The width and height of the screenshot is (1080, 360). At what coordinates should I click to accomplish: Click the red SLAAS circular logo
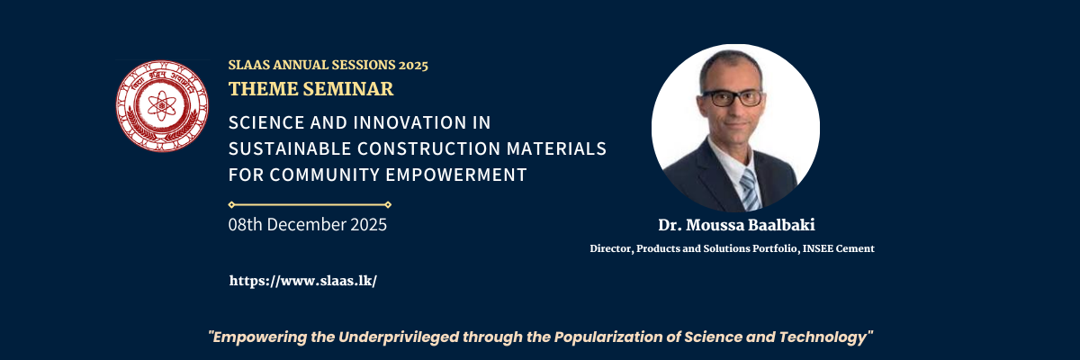pyautogui.click(x=162, y=106)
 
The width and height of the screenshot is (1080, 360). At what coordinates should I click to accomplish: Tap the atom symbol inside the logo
pyautogui.click(x=162, y=105)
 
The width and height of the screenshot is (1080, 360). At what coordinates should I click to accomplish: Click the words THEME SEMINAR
pyautogui.click(x=311, y=89)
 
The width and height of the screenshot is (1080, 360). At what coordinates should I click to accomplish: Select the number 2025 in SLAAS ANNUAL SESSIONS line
pyautogui.click(x=413, y=65)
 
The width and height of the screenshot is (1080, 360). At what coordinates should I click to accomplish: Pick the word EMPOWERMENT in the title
pyautogui.click(x=456, y=175)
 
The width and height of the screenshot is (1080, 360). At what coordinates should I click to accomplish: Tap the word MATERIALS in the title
pyautogui.click(x=556, y=148)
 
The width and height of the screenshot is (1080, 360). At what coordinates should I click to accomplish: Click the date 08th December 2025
pyautogui.click(x=308, y=225)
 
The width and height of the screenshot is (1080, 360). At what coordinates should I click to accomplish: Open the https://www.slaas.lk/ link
pyautogui.click(x=303, y=281)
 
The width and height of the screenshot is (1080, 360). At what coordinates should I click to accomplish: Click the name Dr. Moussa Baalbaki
pyautogui.click(x=737, y=225)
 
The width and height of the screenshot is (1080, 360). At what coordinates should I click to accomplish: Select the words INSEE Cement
pyautogui.click(x=839, y=248)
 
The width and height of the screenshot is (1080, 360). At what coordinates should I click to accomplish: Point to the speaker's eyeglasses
pyautogui.click(x=732, y=98)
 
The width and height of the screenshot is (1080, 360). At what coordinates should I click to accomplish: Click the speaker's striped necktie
pyautogui.click(x=751, y=191)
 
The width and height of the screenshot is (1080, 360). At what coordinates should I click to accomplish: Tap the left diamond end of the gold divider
pyautogui.click(x=231, y=205)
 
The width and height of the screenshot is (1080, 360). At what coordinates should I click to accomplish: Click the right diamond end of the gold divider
pyautogui.click(x=388, y=205)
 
